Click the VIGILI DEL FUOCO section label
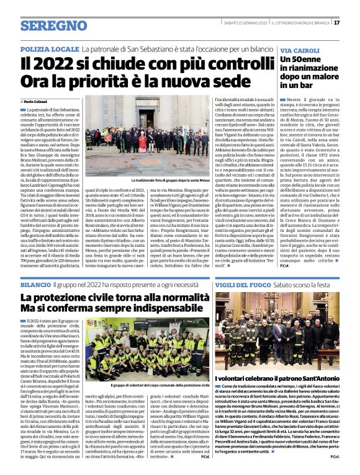(249, 283)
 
